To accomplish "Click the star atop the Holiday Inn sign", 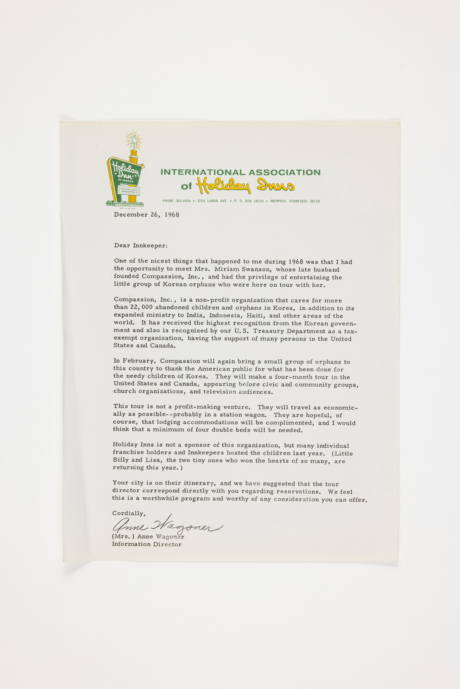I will tap(134, 140).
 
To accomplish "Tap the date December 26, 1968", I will tap(146, 215).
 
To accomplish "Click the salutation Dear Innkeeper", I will tap(140, 246).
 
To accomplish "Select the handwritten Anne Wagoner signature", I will tap(167, 526).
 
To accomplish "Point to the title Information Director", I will tap(147, 544).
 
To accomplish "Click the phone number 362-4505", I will tap(183, 201).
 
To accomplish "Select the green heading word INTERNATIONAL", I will tap(203, 172).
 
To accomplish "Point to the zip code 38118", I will tap(315, 201).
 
